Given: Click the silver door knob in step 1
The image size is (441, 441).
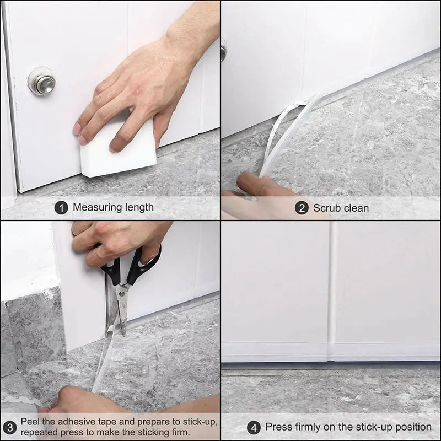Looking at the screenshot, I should (41, 81).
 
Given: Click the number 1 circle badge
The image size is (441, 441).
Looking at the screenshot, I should (61, 208).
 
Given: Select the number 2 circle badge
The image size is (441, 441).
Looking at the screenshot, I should (301, 208).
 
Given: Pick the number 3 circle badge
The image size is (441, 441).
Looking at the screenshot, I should (9, 427).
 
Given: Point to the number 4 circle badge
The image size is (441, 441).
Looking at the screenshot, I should (254, 427).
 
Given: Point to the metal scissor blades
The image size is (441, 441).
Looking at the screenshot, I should (121, 309).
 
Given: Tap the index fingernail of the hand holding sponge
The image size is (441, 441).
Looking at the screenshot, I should (77, 128).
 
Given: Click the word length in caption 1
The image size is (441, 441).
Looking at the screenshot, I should (140, 208).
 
